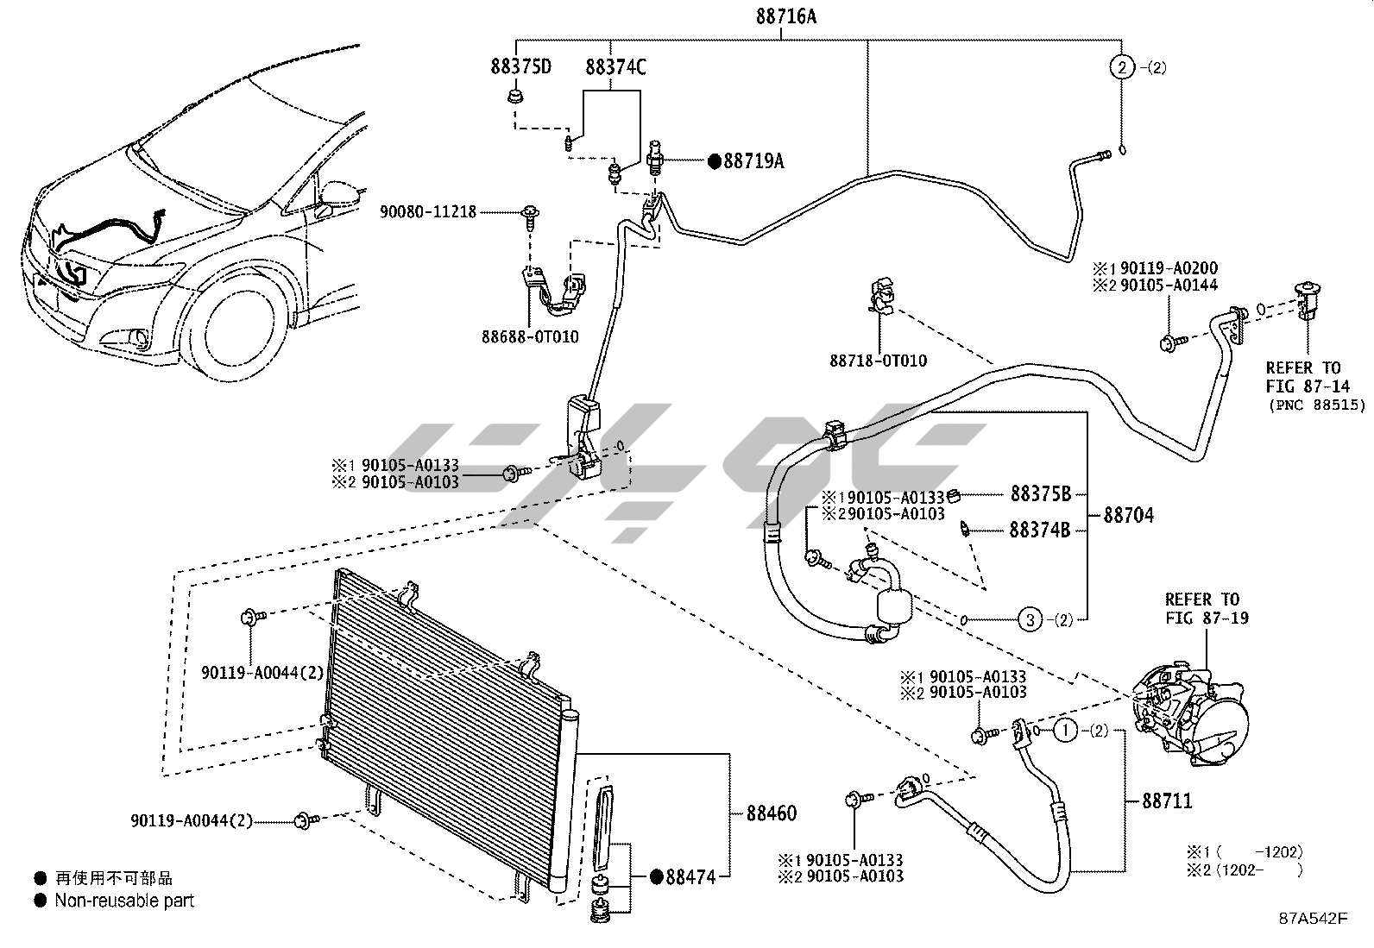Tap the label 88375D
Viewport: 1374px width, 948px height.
point(521,67)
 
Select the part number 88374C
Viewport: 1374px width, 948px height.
point(615,67)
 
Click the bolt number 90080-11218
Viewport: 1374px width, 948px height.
point(428,211)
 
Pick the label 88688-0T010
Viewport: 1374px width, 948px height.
point(530,337)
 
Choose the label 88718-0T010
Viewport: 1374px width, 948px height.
point(879,361)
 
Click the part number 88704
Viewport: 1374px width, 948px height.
point(1128,516)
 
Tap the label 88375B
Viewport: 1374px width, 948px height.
point(1040,494)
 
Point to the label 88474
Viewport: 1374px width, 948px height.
point(692,877)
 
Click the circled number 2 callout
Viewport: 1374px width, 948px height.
point(1120,67)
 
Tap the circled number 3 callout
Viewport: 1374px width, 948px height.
point(1030,618)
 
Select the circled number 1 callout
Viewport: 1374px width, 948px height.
point(1066,731)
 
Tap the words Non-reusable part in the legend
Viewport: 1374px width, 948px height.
point(124,901)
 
